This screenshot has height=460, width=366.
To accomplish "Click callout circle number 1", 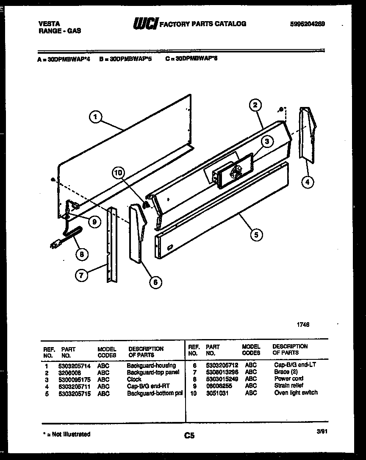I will click(96, 117).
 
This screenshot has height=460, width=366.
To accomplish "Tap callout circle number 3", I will click(266, 142).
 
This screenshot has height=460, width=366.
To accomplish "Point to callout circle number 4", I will click(308, 183).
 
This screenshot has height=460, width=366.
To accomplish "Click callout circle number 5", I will click(256, 235).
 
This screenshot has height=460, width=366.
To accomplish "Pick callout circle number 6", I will click(155, 282).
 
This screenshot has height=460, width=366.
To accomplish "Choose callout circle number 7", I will click(81, 275).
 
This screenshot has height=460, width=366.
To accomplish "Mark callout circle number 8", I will click(82, 254).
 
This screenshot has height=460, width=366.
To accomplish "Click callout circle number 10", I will click(119, 173).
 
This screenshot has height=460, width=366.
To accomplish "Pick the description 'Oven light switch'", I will click(296, 393).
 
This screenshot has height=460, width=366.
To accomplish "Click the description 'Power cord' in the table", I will click(288, 379).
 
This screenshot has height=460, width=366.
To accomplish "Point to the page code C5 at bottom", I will click(189, 435).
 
